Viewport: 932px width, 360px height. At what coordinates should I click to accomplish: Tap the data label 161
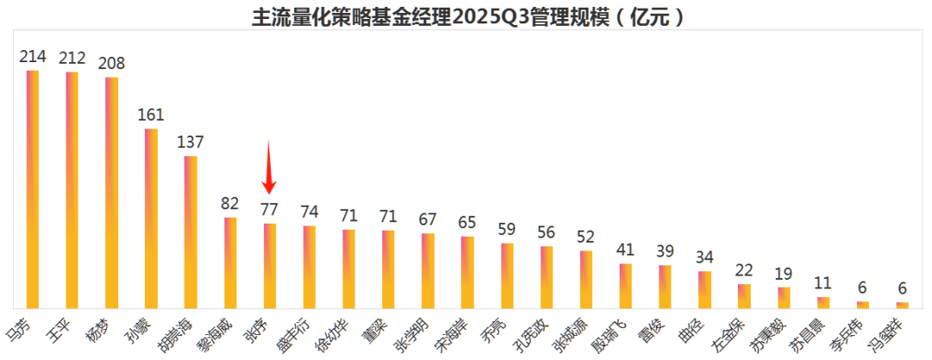click(151, 115)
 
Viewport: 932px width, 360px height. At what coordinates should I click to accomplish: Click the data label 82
click(230, 204)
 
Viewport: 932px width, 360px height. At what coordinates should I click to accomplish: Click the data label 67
click(428, 219)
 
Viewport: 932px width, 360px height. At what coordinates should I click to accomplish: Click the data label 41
click(626, 250)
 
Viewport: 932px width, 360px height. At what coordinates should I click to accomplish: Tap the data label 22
click(744, 270)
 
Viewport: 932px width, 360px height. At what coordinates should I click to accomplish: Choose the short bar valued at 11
click(823, 302)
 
